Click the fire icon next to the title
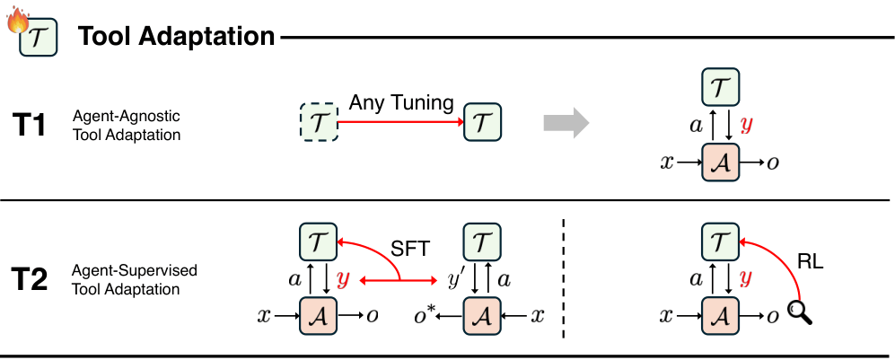coord(17,22)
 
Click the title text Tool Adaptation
coord(176,37)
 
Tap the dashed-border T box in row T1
coord(320,122)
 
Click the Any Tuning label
coord(400,102)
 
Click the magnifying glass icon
coord(798,312)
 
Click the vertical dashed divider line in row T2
coord(563,278)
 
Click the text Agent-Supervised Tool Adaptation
coord(135,279)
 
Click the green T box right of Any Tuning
coord(481,122)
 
